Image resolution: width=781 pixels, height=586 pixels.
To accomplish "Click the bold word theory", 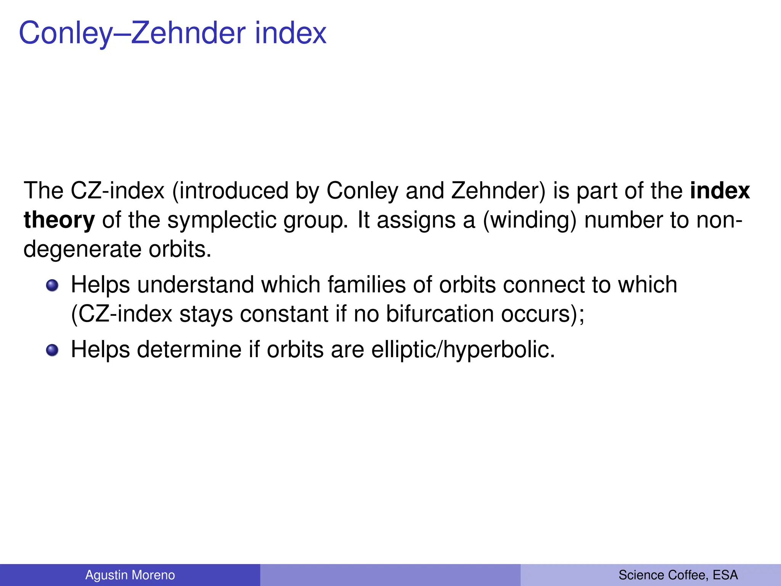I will point(59,220).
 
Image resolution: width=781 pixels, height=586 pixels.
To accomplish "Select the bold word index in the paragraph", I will point(720,191).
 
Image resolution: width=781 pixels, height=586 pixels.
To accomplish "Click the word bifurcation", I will point(440,314).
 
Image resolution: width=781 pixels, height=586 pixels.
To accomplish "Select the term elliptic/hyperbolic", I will point(463,349).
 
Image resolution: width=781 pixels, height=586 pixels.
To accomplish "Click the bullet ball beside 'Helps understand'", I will point(52,285).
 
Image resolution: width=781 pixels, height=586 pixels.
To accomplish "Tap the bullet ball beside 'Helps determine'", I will point(52,350).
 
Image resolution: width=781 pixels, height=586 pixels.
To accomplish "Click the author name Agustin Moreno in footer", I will point(130,575).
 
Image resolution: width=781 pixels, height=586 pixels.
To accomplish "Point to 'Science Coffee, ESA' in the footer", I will point(678,575).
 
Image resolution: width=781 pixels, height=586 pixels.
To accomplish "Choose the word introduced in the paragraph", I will point(233,191).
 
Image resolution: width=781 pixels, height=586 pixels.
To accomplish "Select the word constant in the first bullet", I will point(284,314).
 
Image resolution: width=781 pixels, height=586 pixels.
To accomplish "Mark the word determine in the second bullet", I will point(189,349).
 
